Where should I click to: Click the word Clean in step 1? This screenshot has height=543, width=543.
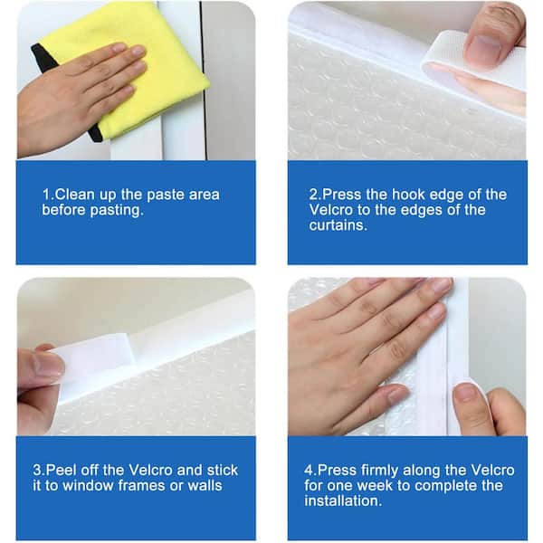[x=75, y=195]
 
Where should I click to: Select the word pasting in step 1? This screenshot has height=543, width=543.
[x=117, y=210]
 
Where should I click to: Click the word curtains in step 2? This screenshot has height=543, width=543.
[x=338, y=225]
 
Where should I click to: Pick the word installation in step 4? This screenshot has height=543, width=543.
[x=343, y=500]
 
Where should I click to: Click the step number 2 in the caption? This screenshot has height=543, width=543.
[x=314, y=195]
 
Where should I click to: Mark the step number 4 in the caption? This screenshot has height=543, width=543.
[x=309, y=471]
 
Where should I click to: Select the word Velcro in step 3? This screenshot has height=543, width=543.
[x=150, y=470]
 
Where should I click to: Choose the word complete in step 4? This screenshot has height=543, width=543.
[x=444, y=486]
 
